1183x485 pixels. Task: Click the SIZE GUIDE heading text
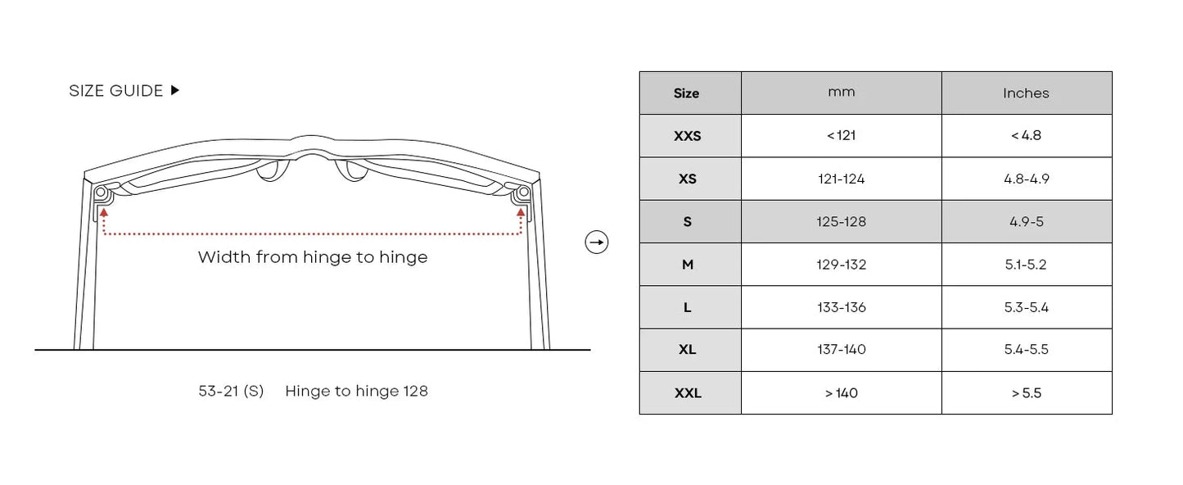tap(116, 91)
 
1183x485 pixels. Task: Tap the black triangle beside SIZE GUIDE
tap(175, 90)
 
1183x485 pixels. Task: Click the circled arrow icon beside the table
tap(597, 242)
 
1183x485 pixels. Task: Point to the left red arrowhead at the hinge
tap(103, 212)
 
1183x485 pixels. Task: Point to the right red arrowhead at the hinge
tap(521, 212)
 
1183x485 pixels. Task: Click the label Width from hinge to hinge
tap(313, 257)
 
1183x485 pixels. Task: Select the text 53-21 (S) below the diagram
tap(231, 391)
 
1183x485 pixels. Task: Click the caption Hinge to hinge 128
tap(356, 391)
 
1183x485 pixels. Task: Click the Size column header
tap(687, 93)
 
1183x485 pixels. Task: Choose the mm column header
tap(842, 93)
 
